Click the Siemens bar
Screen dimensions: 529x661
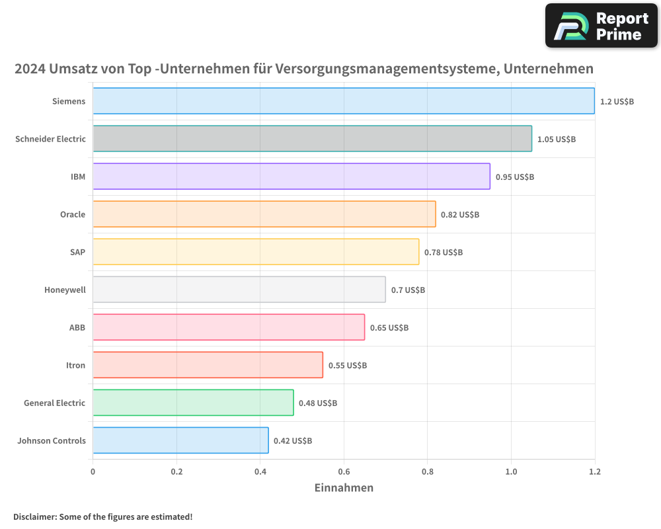[344, 101]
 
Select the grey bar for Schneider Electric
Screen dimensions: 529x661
[312, 139]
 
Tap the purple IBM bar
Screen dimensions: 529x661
[292, 177]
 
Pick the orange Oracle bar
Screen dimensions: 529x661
[264, 214]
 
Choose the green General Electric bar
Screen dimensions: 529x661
[193, 403]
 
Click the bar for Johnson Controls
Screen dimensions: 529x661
[180, 440]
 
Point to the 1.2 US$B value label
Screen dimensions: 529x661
[617, 102]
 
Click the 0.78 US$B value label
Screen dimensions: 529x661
[444, 253]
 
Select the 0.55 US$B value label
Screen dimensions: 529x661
[348, 366]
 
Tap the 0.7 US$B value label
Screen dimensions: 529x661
[408, 290]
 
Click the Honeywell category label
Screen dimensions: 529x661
[65, 290]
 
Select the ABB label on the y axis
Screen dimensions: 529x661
[77, 328]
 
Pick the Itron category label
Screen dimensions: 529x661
[75, 366]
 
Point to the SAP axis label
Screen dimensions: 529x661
[77, 253]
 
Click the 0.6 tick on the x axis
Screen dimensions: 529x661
[344, 472]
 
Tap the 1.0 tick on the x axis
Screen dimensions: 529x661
[511, 472]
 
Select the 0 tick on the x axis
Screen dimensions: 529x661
[93, 472]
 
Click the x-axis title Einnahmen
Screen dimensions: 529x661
[344, 488]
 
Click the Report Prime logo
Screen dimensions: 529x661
[601, 26]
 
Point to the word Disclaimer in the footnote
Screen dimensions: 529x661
[34, 516]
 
